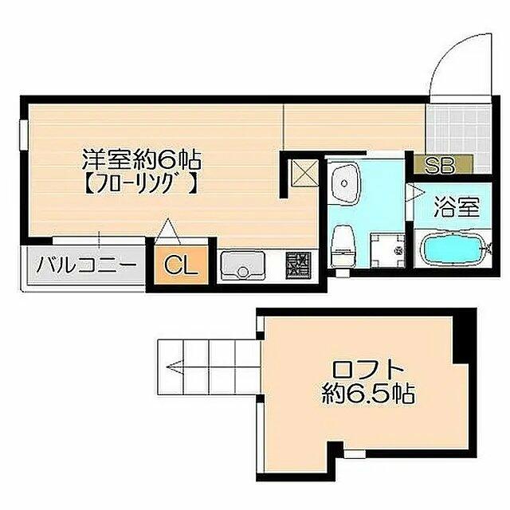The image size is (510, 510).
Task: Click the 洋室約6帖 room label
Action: (141, 159)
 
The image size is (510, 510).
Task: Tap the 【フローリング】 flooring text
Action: (140, 186)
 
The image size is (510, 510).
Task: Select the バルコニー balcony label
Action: (85, 265)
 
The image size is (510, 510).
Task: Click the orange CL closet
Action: (181, 265)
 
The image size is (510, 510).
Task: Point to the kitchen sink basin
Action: (242, 265)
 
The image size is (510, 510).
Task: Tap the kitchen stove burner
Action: (298, 265)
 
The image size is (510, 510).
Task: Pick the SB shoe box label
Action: (440, 165)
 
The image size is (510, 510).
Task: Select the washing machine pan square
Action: (387, 249)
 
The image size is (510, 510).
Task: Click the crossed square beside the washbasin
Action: (304, 172)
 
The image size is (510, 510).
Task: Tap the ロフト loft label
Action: (368, 369)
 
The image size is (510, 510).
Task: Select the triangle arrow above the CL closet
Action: (167, 231)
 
